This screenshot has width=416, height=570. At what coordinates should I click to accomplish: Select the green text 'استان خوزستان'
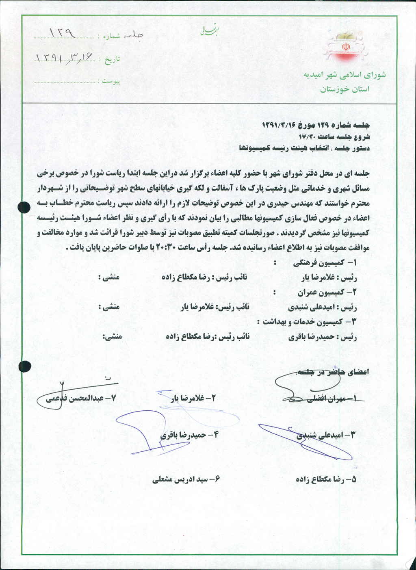click(344, 89)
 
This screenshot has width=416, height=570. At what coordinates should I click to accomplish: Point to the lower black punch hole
click(25, 366)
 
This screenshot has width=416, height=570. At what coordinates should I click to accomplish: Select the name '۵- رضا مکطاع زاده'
click(327, 479)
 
